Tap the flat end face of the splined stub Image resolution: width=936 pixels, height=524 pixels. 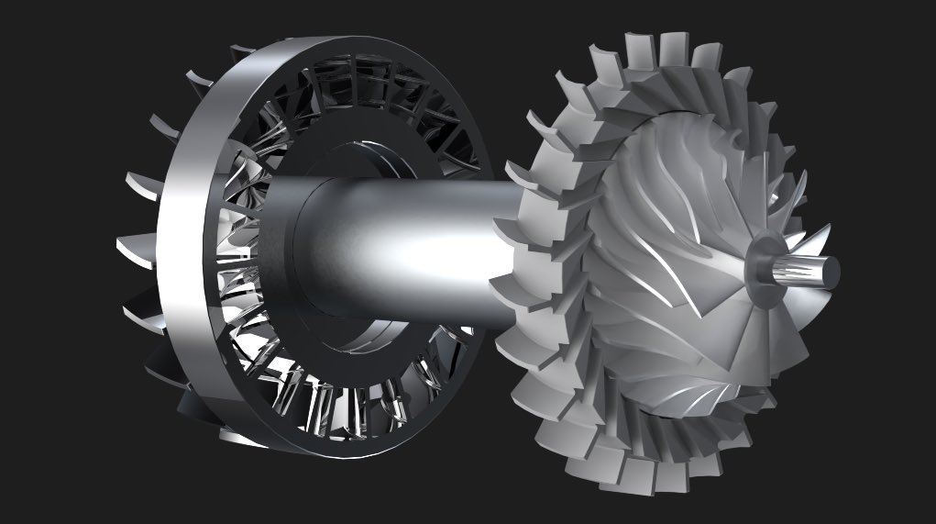[830, 273]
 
